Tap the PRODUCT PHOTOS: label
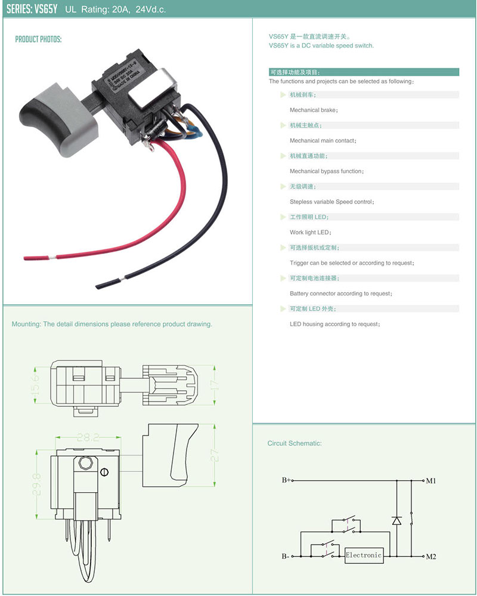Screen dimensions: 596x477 (38, 39)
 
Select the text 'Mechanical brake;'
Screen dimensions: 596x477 (314, 110)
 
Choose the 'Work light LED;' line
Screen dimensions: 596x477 (310, 232)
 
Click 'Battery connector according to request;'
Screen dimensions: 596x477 (340, 294)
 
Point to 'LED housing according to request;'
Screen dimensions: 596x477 (334, 324)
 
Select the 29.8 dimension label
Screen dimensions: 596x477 (36, 487)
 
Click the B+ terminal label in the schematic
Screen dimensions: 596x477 (286, 480)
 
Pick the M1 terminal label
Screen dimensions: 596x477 (431, 480)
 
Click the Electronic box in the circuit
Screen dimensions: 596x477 (363, 555)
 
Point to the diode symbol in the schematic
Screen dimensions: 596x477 (397, 520)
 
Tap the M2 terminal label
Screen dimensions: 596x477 (431, 557)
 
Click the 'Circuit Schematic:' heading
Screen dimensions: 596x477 (294, 443)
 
